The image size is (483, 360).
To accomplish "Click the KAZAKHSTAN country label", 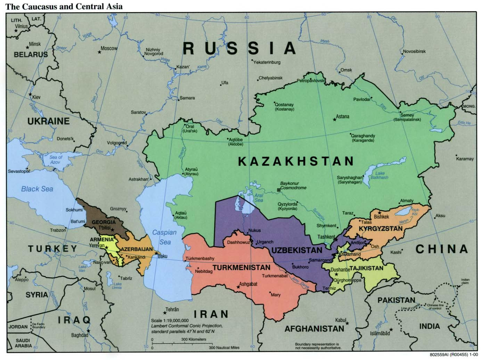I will (x=296, y=161).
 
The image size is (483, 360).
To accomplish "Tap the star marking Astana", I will (x=335, y=120).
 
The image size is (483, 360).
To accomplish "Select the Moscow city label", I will (x=109, y=49).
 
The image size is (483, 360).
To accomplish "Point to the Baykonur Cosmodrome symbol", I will (x=278, y=190).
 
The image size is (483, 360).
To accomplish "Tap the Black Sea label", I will (x=37, y=189).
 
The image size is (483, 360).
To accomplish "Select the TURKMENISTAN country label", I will (x=241, y=268).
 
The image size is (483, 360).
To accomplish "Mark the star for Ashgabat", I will (x=238, y=287).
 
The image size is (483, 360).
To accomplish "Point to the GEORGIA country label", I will (x=103, y=222).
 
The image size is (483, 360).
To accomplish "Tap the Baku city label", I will (x=163, y=256).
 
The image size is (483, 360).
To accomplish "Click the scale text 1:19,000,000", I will (x=170, y=320).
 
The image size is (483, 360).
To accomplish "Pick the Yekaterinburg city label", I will (x=267, y=63).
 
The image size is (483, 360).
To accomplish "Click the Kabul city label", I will (x=341, y=320).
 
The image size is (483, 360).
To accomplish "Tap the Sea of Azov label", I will (x=55, y=160).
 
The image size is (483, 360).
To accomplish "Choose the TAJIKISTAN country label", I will (x=366, y=268).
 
